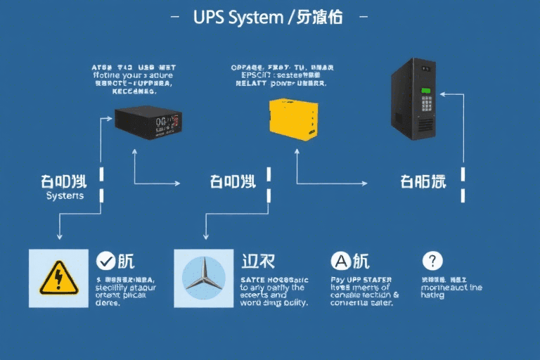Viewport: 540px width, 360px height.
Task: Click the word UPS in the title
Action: [x=208, y=18]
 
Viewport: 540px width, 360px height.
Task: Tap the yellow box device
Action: [x=292, y=119]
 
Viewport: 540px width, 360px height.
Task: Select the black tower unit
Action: [x=415, y=98]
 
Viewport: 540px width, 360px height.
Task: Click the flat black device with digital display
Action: [x=147, y=122]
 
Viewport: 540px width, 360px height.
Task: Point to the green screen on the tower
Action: [x=425, y=91]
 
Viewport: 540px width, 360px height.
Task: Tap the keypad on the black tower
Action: [x=426, y=104]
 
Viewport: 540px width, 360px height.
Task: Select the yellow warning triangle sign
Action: [x=59, y=278]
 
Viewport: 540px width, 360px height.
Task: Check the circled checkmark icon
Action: [x=105, y=262]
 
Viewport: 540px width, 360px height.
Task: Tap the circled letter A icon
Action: [x=340, y=262]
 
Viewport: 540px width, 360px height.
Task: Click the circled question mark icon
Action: [x=432, y=262]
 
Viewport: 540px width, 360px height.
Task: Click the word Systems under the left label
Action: [x=65, y=196]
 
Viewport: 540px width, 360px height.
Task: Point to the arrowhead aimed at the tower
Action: [x=442, y=93]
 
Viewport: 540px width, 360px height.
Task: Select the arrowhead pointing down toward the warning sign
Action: [x=59, y=237]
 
